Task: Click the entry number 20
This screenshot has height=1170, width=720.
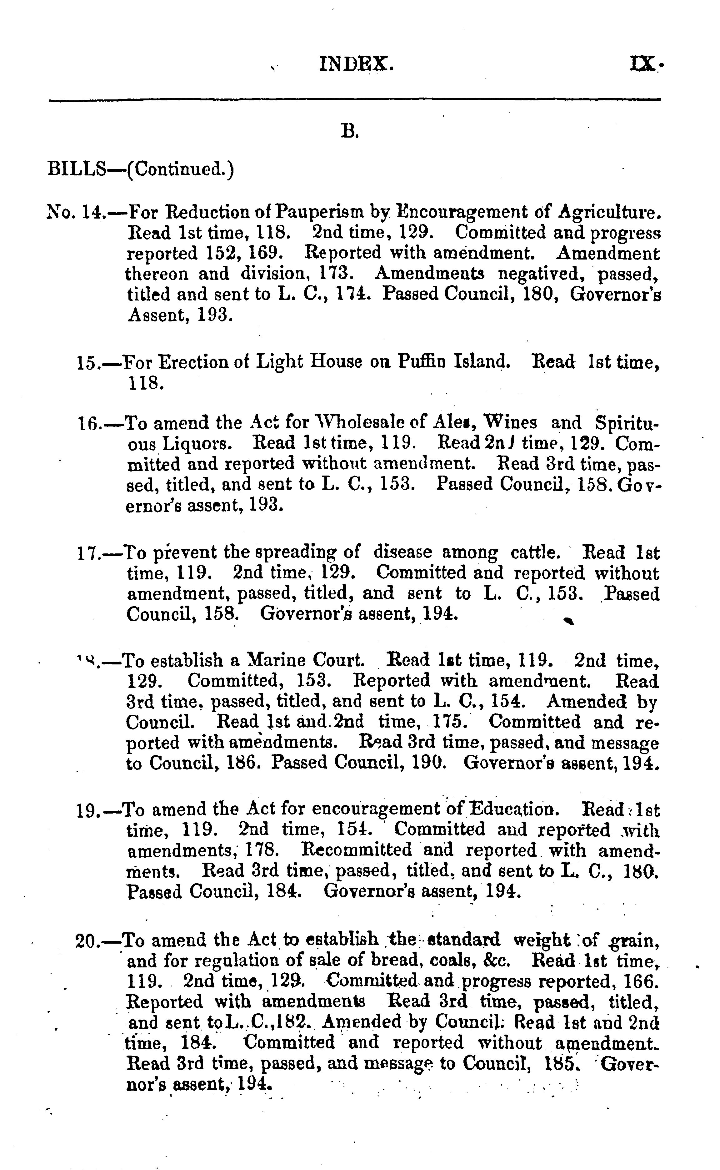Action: point(87,941)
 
